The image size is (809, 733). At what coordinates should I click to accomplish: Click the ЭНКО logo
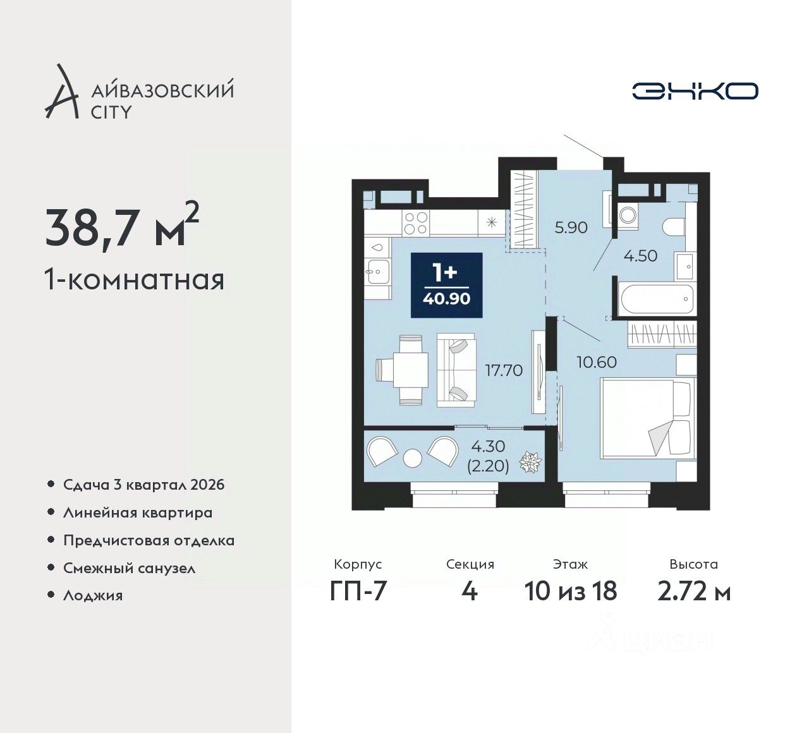pyautogui.click(x=695, y=91)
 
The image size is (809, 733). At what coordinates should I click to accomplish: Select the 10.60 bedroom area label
pyautogui.click(x=597, y=362)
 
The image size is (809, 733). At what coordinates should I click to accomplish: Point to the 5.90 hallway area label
pyautogui.click(x=571, y=228)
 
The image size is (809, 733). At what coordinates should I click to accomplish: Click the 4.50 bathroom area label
pyautogui.click(x=640, y=256)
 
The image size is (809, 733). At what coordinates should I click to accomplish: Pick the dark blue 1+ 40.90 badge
pyautogui.click(x=447, y=286)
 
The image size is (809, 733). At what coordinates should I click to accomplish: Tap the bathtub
pyautogui.click(x=657, y=300)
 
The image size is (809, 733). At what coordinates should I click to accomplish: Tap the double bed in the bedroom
pyautogui.click(x=648, y=418)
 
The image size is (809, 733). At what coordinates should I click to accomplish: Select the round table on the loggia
pyautogui.click(x=413, y=458)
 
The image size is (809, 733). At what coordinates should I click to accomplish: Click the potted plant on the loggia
pyautogui.click(x=530, y=462)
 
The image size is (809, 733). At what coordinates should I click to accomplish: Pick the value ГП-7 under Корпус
pyautogui.click(x=358, y=592)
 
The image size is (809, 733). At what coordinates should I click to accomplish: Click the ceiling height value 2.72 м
pyautogui.click(x=694, y=592)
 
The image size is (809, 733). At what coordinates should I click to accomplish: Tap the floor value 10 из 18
pyautogui.click(x=571, y=592)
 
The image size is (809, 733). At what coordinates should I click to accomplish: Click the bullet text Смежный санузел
pyautogui.click(x=130, y=569)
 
